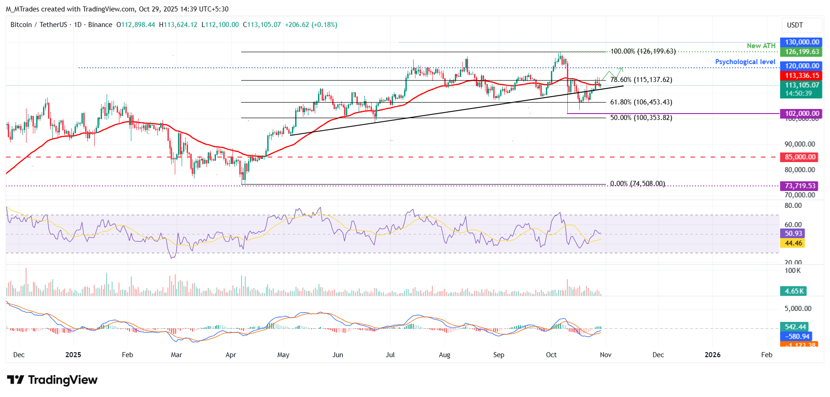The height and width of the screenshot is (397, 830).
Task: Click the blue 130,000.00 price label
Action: pyautogui.click(x=802, y=42)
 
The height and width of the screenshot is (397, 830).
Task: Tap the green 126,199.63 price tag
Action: pyautogui.click(x=802, y=52)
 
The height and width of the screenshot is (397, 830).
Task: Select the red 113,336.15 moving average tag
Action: pyautogui.click(x=802, y=76)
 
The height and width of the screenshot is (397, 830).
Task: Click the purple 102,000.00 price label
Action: pyautogui.click(x=802, y=114)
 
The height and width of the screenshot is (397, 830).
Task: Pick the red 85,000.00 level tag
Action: pyautogui.click(x=800, y=157)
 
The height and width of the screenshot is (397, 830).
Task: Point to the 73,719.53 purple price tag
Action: pyautogui.click(x=800, y=186)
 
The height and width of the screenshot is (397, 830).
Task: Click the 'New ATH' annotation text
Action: pyautogui.click(x=761, y=46)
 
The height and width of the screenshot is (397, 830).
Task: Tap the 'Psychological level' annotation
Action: pyautogui.click(x=745, y=62)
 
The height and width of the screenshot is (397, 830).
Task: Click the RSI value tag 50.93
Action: pyautogui.click(x=793, y=234)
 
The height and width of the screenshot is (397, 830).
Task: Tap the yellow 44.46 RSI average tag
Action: pyautogui.click(x=793, y=243)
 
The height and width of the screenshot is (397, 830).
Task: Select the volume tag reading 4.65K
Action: pyautogui.click(x=793, y=291)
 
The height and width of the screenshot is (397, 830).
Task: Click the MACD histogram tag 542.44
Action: pyautogui.click(x=795, y=327)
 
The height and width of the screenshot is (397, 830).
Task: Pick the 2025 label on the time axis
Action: pyautogui.click(x=73, y=355)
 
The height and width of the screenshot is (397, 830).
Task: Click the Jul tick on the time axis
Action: pyautogui.click(x=390, y=355)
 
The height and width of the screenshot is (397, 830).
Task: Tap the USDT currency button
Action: pyautogui.click(x=795, y=25)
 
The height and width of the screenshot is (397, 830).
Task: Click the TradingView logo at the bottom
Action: pyautogui.click(x=52, y=380)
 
